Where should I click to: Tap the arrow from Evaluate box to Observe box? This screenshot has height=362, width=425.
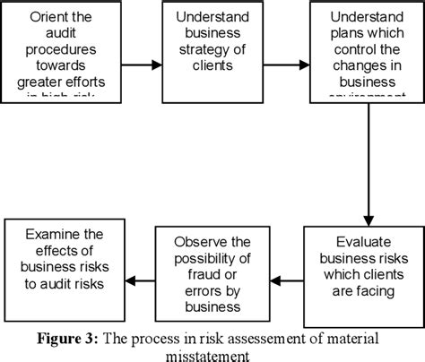tap(286, 280)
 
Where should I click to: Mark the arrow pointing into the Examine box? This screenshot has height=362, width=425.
tap(139, 280)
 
